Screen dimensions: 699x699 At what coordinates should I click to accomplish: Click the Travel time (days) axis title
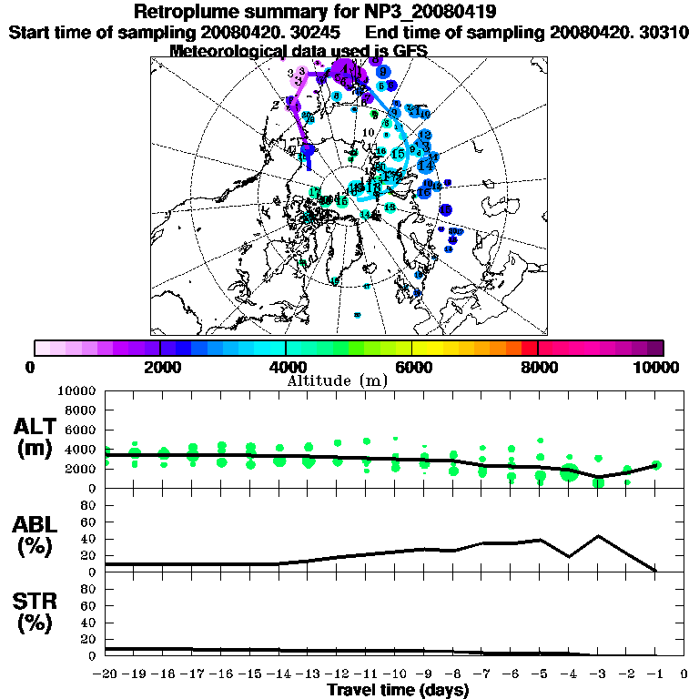click(398, 690)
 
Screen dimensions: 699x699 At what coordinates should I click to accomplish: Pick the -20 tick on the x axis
click(106, 674)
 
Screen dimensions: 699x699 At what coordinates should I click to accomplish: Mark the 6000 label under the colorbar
click(412, 367)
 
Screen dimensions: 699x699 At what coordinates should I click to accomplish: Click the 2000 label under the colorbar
click(160, 367)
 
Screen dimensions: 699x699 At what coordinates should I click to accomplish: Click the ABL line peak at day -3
click(598, 536)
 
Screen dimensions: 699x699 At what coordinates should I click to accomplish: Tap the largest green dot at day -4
click(570, 472)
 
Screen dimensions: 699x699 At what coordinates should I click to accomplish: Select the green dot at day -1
click(656, 465)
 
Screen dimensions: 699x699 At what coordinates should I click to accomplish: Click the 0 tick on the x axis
click(684, 674)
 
